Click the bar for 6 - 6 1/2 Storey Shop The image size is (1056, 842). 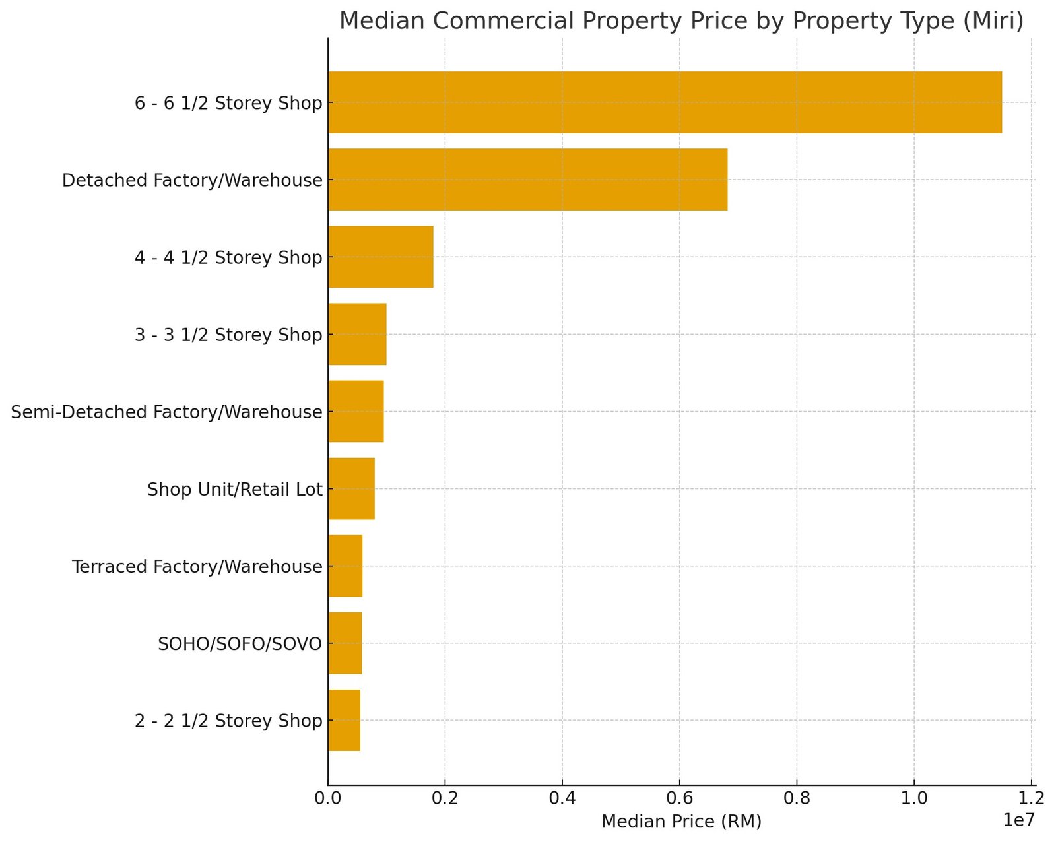[x=665, y=102]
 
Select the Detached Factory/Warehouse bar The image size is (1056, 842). [x=527, y=179]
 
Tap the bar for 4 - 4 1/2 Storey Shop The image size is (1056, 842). [x=381, y=257]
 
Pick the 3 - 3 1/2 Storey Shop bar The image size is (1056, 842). [x=357, y=334]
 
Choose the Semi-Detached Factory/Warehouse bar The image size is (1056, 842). [x=356, y=411]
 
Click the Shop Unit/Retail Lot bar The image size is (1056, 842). [x=351, y=488]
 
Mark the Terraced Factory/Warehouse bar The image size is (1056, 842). [x=345, y=566]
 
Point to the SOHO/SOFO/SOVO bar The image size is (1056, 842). [x=345, y=643]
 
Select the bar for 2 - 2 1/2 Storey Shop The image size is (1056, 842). [x=344, y=720]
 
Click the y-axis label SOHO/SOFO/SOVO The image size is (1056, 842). [x=240, y=644]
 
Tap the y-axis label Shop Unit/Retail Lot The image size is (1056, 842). [x=235, y=490]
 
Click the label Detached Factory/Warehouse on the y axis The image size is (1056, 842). [x=192, y=181]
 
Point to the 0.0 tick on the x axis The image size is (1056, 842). [x=328, y=799]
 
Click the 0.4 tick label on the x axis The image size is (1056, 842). [x=562, y=799]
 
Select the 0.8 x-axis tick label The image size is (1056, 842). [x=797, y=799]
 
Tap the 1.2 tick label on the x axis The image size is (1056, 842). [x=1031, y=799]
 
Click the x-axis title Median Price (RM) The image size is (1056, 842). [x=681, y=822]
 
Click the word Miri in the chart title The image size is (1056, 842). [x=999, y=22]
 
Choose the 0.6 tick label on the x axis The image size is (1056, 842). [x=680, y=799]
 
